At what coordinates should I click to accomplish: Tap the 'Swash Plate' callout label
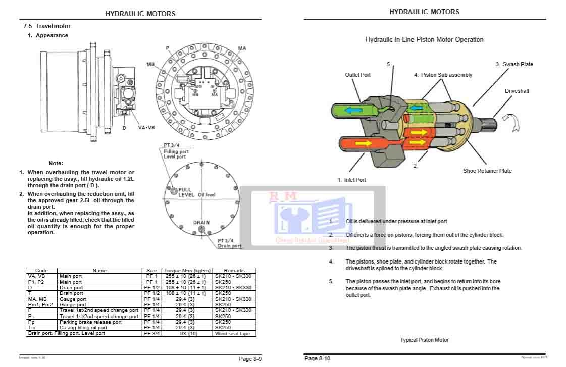(x=514, y=64)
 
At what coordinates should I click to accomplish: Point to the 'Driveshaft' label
(x=517, y=91)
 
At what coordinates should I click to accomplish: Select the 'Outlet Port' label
(x=357, y=75)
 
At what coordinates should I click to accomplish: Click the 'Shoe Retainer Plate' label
(x=487, y=171)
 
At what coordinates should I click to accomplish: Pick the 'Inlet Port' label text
(x=351, y=180)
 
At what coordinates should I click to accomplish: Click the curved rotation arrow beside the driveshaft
(x=513, y=123)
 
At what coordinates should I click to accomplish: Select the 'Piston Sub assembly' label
(x=443, y=75)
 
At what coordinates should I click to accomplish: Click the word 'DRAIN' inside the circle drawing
(x=201, y=223)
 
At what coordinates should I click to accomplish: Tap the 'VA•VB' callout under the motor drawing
(x=146, y=128)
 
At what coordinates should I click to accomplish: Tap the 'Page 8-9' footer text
(x=250, y=359)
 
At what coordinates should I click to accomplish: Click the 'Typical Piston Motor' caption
(x=424, y=340)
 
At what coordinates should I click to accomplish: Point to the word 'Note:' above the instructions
(x=56, y=163)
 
